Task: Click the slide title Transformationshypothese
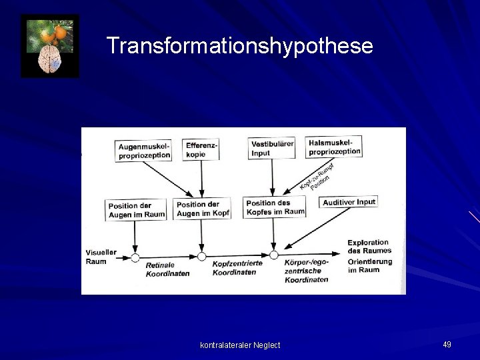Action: coord(240,46)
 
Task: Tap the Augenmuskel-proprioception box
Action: coord(144,150)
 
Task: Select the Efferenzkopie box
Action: coord(201,150)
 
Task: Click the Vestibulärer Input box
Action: coord(271,148)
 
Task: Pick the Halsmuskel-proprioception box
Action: coord(335,147)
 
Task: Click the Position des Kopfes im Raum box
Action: coord(275,207)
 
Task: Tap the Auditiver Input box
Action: coord(349,202)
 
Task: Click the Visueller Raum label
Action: coord(101,257)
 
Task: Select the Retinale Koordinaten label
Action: coord(167,269)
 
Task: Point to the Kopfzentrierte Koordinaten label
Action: coord(237,267)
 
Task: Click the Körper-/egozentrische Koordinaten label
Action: coord(306,271)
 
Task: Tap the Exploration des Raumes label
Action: coord(369,246)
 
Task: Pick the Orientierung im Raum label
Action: coord(369,265)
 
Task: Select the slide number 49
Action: coord(447,344)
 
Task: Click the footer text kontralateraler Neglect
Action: coord(240,345)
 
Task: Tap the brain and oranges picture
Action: coord(50,46)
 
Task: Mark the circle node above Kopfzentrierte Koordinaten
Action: coord(202,256)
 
